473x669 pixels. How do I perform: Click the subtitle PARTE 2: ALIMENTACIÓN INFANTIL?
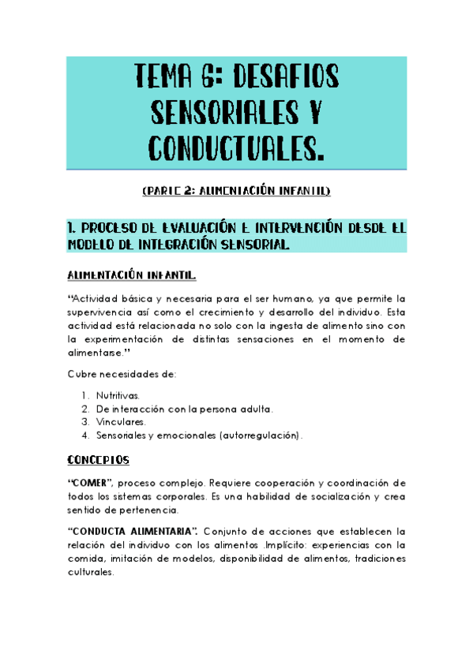236,192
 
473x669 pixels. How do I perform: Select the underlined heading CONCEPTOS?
98,458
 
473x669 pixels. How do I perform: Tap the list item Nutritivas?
118,394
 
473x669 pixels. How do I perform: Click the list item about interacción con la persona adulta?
185,408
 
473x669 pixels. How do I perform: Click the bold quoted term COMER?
90,482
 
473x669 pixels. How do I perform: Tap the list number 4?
84,435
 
